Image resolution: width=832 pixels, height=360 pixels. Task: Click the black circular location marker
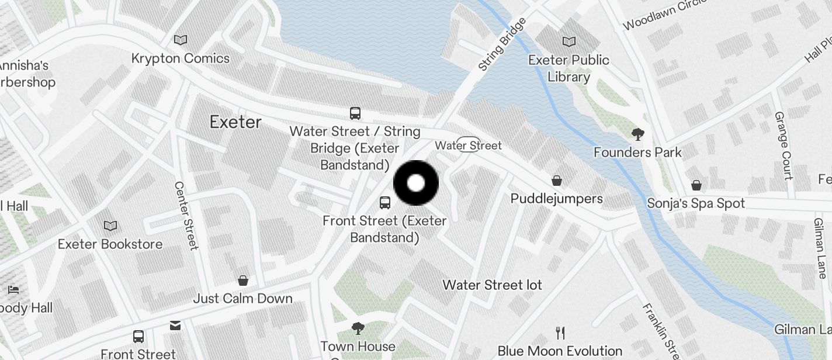click(x=415, y=183)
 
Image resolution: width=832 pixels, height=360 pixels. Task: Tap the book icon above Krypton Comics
click(x=181, y=40)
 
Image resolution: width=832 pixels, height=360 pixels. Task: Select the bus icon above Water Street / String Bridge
click(x=355, y=113)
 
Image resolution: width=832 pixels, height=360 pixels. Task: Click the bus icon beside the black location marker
click(x=384, y=203)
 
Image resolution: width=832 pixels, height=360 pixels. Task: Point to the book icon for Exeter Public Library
click(x=568, y=41)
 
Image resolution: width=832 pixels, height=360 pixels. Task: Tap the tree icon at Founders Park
click(x=637, y=134)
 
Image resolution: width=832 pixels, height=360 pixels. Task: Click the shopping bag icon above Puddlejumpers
click(x=557, y=180)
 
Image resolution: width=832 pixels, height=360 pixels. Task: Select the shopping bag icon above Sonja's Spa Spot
click(x=696, y=185)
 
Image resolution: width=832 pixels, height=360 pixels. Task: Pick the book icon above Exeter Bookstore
click(x=110, y=226)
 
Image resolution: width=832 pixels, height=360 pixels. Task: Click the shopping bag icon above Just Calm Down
click(x=242, y=281)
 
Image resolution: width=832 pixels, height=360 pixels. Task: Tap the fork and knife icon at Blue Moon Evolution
click(x=560, y=333)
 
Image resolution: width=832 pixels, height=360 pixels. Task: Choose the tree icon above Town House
click(x=358, y=328)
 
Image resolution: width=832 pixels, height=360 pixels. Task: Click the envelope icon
click(x=175, y=325)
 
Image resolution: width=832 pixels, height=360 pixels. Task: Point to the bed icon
click(x=13, y=289)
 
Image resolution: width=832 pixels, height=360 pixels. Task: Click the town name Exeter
click(x=235, y=122)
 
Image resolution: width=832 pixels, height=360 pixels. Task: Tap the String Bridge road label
click(x=501, y=44)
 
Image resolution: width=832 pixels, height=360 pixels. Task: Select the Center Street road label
click(x=186, y=215)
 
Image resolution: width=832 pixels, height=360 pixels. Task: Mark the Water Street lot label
click(x=492, y=285)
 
